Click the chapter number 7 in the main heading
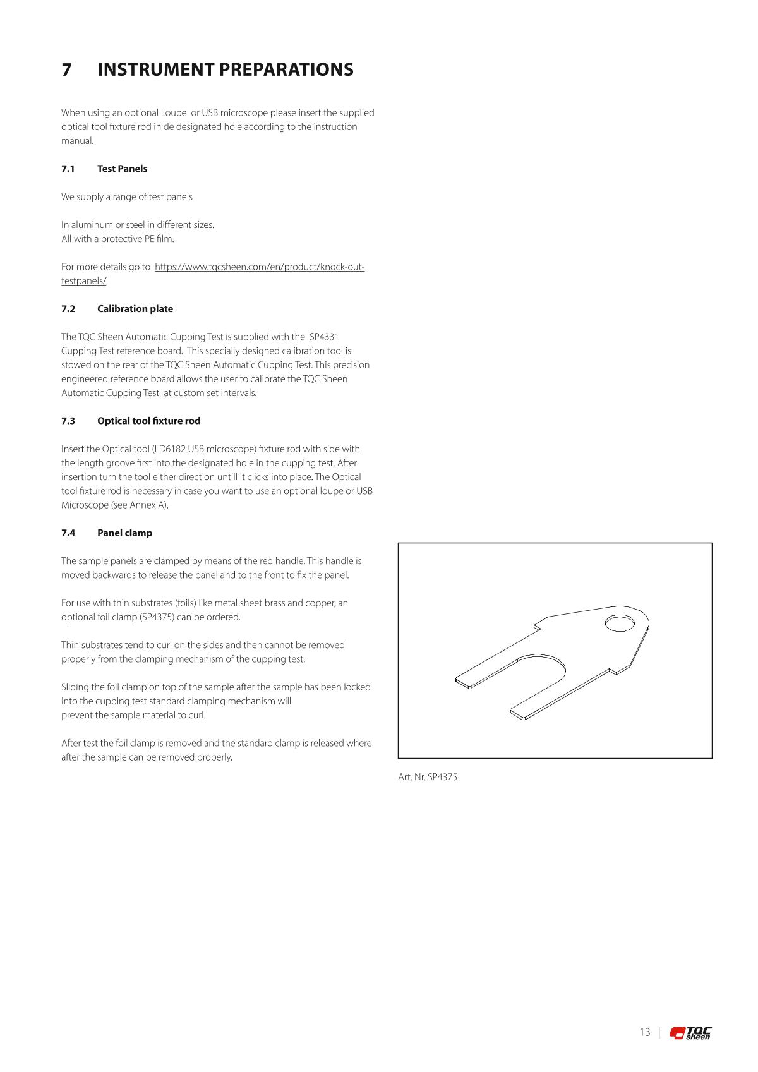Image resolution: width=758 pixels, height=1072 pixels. [x=66, y=69]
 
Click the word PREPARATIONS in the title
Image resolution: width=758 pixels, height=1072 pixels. [x=286, y=69]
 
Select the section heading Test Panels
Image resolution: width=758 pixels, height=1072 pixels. [x=122, y=169]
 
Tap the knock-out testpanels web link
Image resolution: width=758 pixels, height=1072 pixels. [x=259, y=267]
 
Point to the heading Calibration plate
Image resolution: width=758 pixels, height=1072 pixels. [x=135, y=309]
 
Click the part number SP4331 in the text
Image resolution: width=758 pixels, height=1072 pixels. [x=323, y=337]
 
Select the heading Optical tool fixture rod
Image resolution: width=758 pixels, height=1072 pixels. [x=148, y=421]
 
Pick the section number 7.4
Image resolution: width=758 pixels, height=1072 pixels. [x=68, y=533]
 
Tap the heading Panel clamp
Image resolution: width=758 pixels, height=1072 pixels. [x=124, y=533]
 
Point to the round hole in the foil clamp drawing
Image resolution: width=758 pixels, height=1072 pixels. [x=619, y=623]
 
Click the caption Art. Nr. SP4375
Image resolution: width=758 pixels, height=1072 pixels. [x=427, y=777]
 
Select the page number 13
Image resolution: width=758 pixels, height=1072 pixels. [x=644, y=1032]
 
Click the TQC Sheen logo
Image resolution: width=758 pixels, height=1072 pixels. [x=690, y=1032]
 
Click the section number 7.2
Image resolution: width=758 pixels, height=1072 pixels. [x=68, y=309]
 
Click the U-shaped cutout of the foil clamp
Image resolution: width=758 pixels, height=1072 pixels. [x=537, y=679]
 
